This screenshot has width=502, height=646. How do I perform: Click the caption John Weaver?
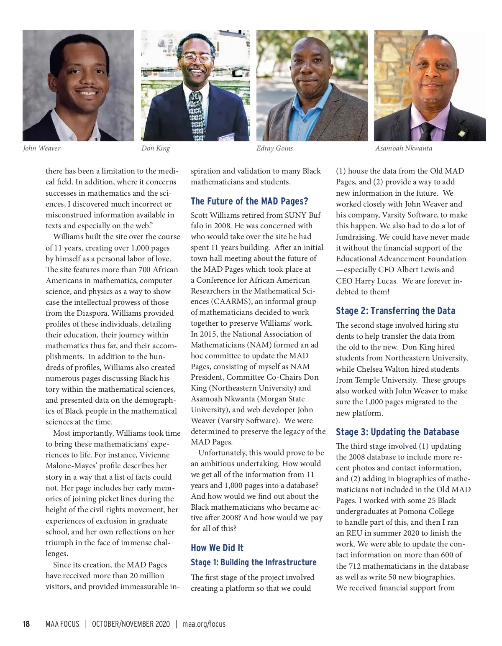point(42,148)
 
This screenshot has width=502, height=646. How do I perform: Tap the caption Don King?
point(156,148)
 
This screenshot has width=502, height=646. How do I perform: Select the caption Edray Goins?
point(274,148)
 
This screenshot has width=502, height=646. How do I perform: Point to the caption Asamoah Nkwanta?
point(404,148)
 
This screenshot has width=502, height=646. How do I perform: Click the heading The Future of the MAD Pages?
point(249,202)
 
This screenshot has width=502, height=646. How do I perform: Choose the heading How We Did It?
point(217,548)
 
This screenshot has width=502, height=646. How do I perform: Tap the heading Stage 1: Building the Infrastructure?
point(254,562)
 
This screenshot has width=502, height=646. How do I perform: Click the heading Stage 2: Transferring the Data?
point(395,311)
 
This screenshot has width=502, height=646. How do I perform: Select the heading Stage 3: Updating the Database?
point(397,432)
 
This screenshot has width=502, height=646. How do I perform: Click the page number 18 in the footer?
point(26,624)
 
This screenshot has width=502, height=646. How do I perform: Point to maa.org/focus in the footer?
point(204,624)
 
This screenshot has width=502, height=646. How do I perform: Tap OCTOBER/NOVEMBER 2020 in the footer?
point(131,624)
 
